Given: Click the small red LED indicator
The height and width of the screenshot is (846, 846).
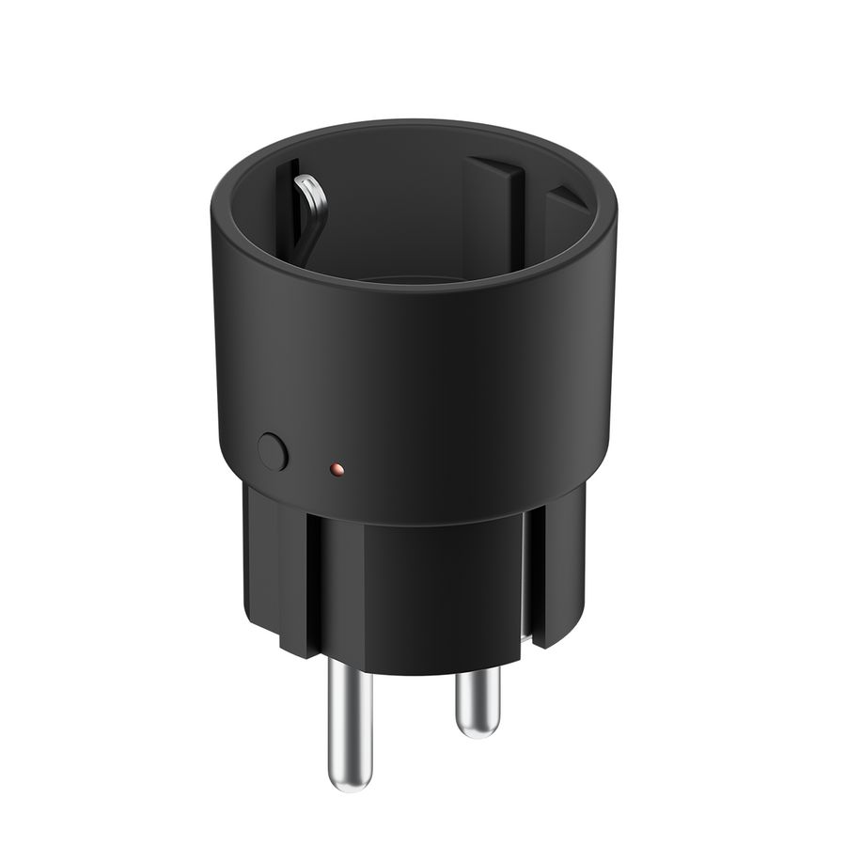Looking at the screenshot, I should pos(337,467).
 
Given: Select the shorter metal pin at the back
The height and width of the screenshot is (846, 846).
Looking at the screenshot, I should pos(475,700).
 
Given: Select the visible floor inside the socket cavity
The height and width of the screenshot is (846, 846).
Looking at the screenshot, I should pos(414,278).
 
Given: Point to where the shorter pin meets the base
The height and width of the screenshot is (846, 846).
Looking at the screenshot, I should pos(475,673).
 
